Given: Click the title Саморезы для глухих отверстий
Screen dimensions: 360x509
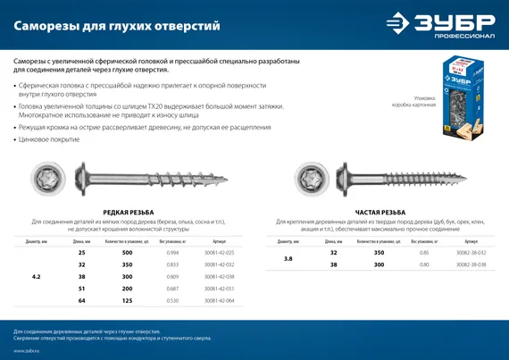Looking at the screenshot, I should [117, 26].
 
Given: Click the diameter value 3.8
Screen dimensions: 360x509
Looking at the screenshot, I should [288, 258].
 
